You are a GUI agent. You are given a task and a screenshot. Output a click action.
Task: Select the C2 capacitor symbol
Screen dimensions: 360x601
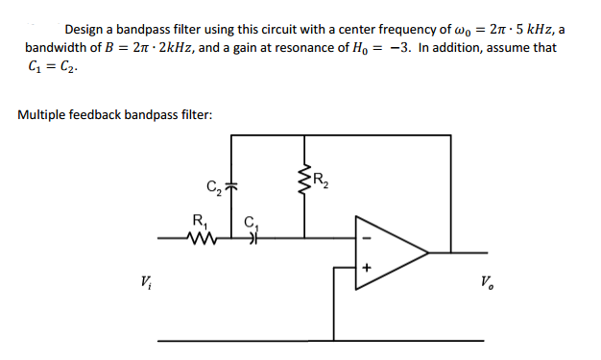[x=231, y=185]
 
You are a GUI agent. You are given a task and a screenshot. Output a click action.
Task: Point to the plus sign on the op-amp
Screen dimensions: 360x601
[x=365, y=270]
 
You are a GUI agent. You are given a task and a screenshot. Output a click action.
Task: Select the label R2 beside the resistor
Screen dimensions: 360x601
[x=324, y=176]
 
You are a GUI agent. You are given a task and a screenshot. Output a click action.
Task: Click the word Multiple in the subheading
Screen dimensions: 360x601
[x=43, y=115]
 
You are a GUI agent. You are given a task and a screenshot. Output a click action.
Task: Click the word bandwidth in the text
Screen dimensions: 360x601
[x=56, y=48]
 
